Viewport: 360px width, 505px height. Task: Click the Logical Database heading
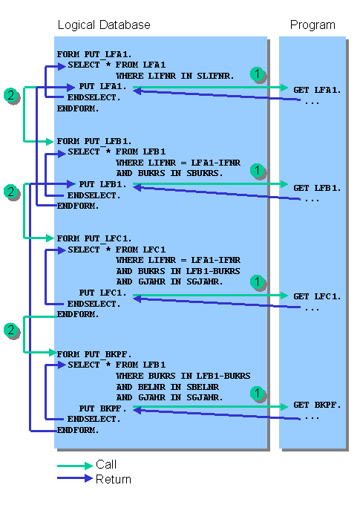point(104,25)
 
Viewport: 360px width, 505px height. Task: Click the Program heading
point(312,25)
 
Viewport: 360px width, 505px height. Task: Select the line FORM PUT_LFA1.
point(94,54)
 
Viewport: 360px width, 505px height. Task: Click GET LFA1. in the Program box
point(317,90)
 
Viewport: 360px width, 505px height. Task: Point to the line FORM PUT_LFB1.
point(94,141)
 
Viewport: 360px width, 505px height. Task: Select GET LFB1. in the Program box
point(317,188)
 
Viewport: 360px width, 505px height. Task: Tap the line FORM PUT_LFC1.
point(94,238)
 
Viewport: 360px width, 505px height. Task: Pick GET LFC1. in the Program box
point(317,296)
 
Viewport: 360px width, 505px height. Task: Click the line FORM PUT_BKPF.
point(94,354)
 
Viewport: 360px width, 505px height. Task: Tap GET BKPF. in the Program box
point(317,405)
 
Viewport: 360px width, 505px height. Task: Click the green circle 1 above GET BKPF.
point(258,393)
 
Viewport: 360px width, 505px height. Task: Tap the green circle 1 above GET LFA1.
point(258,74)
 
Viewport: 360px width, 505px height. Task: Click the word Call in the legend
point(106,465)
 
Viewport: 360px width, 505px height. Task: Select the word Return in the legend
point(114,480)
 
